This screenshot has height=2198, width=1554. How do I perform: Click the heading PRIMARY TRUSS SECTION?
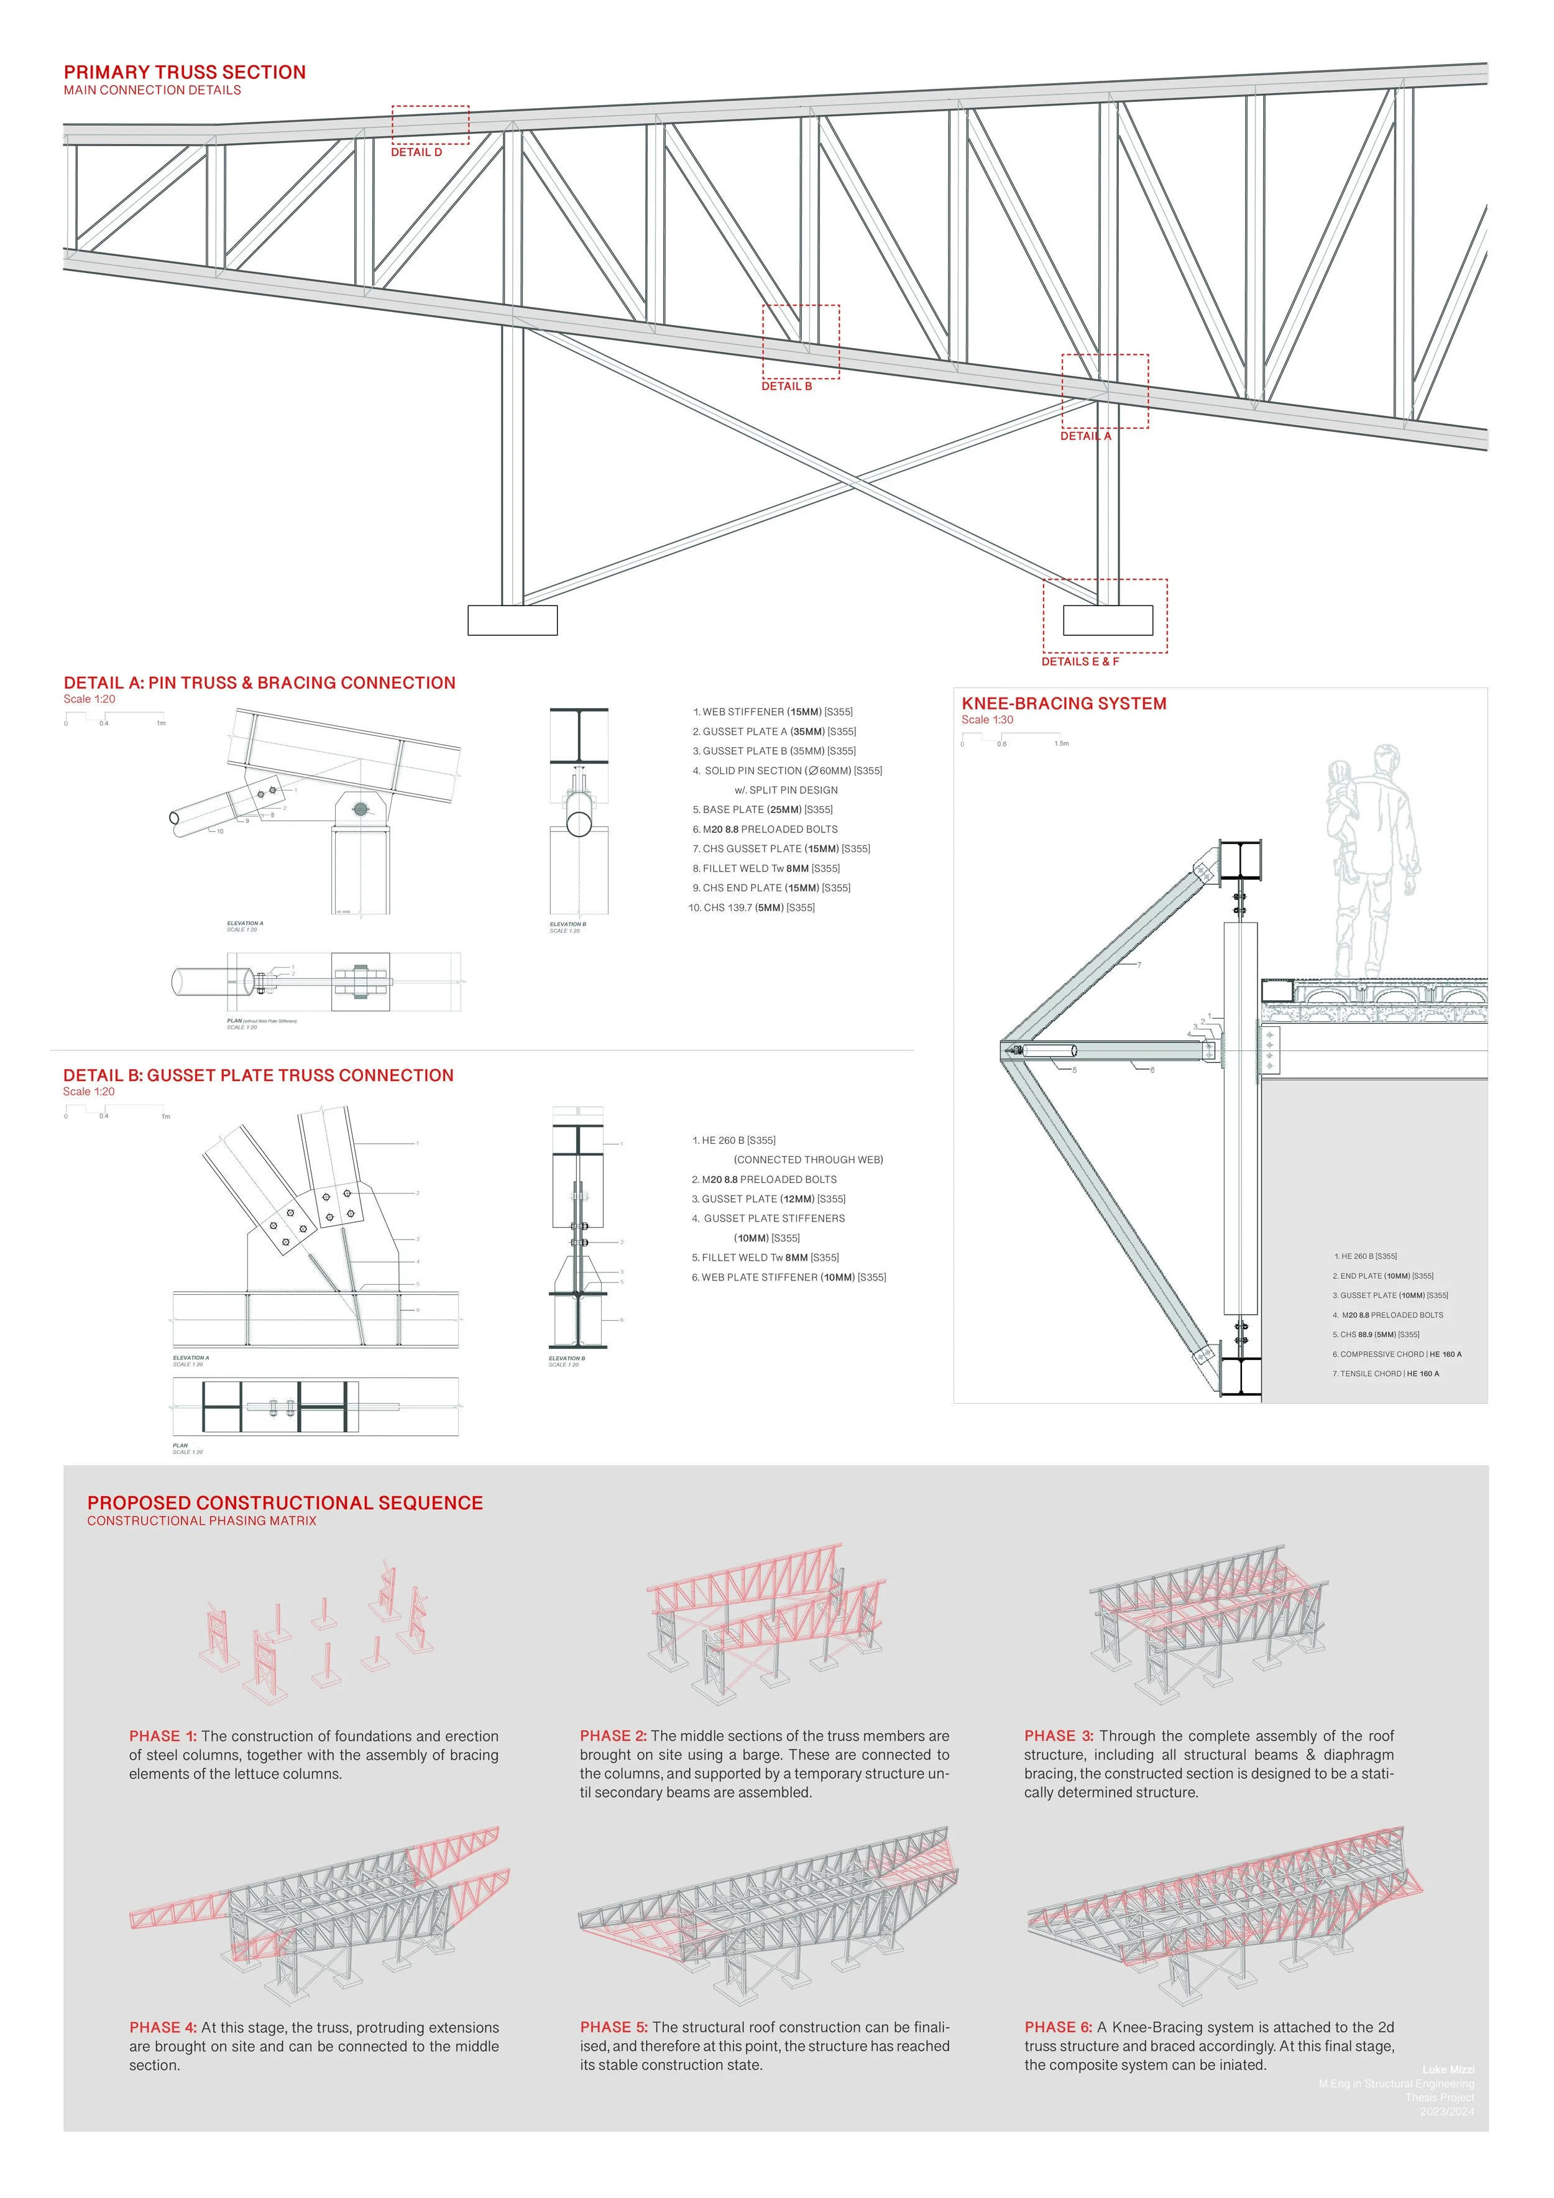coord(185,73)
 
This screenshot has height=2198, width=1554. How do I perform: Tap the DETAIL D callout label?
coord(416,152)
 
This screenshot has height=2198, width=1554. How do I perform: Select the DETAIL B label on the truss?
coord(786,386)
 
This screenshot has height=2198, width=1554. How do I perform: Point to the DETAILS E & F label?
coord(1080,661)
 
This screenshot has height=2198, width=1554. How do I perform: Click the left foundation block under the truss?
coord(512,619)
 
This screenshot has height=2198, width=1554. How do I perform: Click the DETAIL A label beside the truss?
coord(1085,436)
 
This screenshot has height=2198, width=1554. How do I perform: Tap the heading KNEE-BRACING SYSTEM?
coord(1064,704)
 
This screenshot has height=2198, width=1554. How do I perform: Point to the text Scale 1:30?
coord(987,720)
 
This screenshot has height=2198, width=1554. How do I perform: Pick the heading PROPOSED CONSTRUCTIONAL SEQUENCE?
coord(285,1503)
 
